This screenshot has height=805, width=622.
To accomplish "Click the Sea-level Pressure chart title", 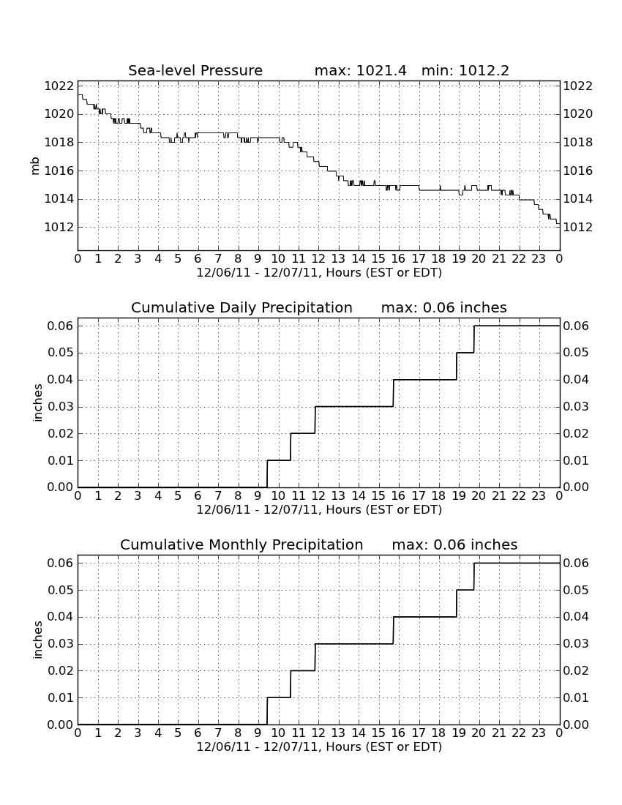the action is [x=195, y=70].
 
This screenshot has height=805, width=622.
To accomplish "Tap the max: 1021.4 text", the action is [x=360, y=70].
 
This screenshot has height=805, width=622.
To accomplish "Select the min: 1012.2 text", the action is [x=465, y=70].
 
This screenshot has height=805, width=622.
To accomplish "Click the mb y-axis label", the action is [x=35, y=166].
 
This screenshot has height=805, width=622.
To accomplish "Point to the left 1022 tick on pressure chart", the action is [x=59, y=86].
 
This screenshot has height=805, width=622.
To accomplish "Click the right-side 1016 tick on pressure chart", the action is [x=578, y=171].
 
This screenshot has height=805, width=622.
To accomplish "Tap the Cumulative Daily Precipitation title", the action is [x=241, y=307].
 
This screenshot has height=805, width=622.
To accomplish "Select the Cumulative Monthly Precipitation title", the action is [x=241, y=544].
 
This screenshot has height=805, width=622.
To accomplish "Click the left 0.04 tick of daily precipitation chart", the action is [x=61, y=380].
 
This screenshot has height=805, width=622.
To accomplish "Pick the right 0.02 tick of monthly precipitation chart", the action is [x=577, y=670].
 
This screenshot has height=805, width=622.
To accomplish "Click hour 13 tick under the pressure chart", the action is [x=338, y=259].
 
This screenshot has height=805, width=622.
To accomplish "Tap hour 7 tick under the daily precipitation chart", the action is [x=218, y=496].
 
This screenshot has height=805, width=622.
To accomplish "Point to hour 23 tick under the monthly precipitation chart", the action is [x=539, y=733].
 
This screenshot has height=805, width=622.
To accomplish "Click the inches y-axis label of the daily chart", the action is [x=37, y=403].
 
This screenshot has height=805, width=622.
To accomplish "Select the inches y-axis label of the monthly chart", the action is [x=37, y=640].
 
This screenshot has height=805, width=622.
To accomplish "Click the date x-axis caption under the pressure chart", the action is [x=319, y=273].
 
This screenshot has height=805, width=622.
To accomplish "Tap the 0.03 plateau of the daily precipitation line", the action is [x=354, y=407].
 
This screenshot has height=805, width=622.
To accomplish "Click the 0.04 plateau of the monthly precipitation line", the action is [x=425, y=617].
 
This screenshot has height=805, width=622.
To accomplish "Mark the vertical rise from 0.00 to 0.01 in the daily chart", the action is [x=267, y=474].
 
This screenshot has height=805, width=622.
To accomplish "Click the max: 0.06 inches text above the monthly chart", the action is [x=454, y=544].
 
